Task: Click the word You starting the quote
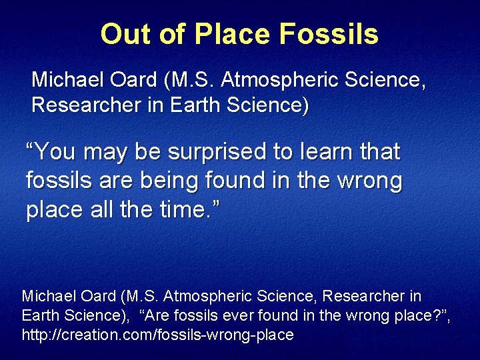tap(56, 152)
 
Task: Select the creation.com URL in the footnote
tap(157, 335)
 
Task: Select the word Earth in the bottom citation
tap(38, 315)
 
